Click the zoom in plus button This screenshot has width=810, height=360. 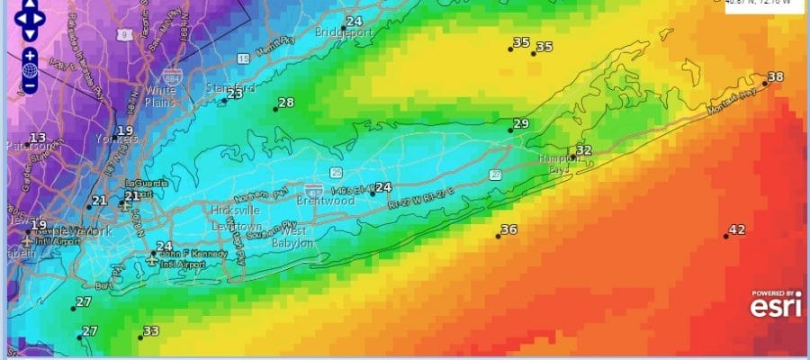[x=30, y=54]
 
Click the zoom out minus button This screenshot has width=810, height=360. [x=30, y=85]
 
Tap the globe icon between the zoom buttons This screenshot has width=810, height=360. [x=30, y=69]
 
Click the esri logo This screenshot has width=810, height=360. [x=777, y=307]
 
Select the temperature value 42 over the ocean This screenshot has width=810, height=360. [x=737, y=229]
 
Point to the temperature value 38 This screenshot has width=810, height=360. [x=776, y=77]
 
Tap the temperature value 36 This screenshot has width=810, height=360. [x=508, y=229]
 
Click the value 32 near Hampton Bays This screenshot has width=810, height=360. [x=584, y=150]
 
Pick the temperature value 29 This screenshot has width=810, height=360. [x=521, y=123]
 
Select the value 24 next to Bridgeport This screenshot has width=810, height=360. [x=354, y=21]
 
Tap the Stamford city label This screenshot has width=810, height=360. [x=229, y=88]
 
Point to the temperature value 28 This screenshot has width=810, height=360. [x=285, y=103]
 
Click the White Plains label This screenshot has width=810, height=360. [x=160, y=96]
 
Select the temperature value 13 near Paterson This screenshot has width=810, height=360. [x=38, y=138]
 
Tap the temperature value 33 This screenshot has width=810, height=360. [x=151, y=331]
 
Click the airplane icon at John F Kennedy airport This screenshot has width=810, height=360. [x=152, y=258]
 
